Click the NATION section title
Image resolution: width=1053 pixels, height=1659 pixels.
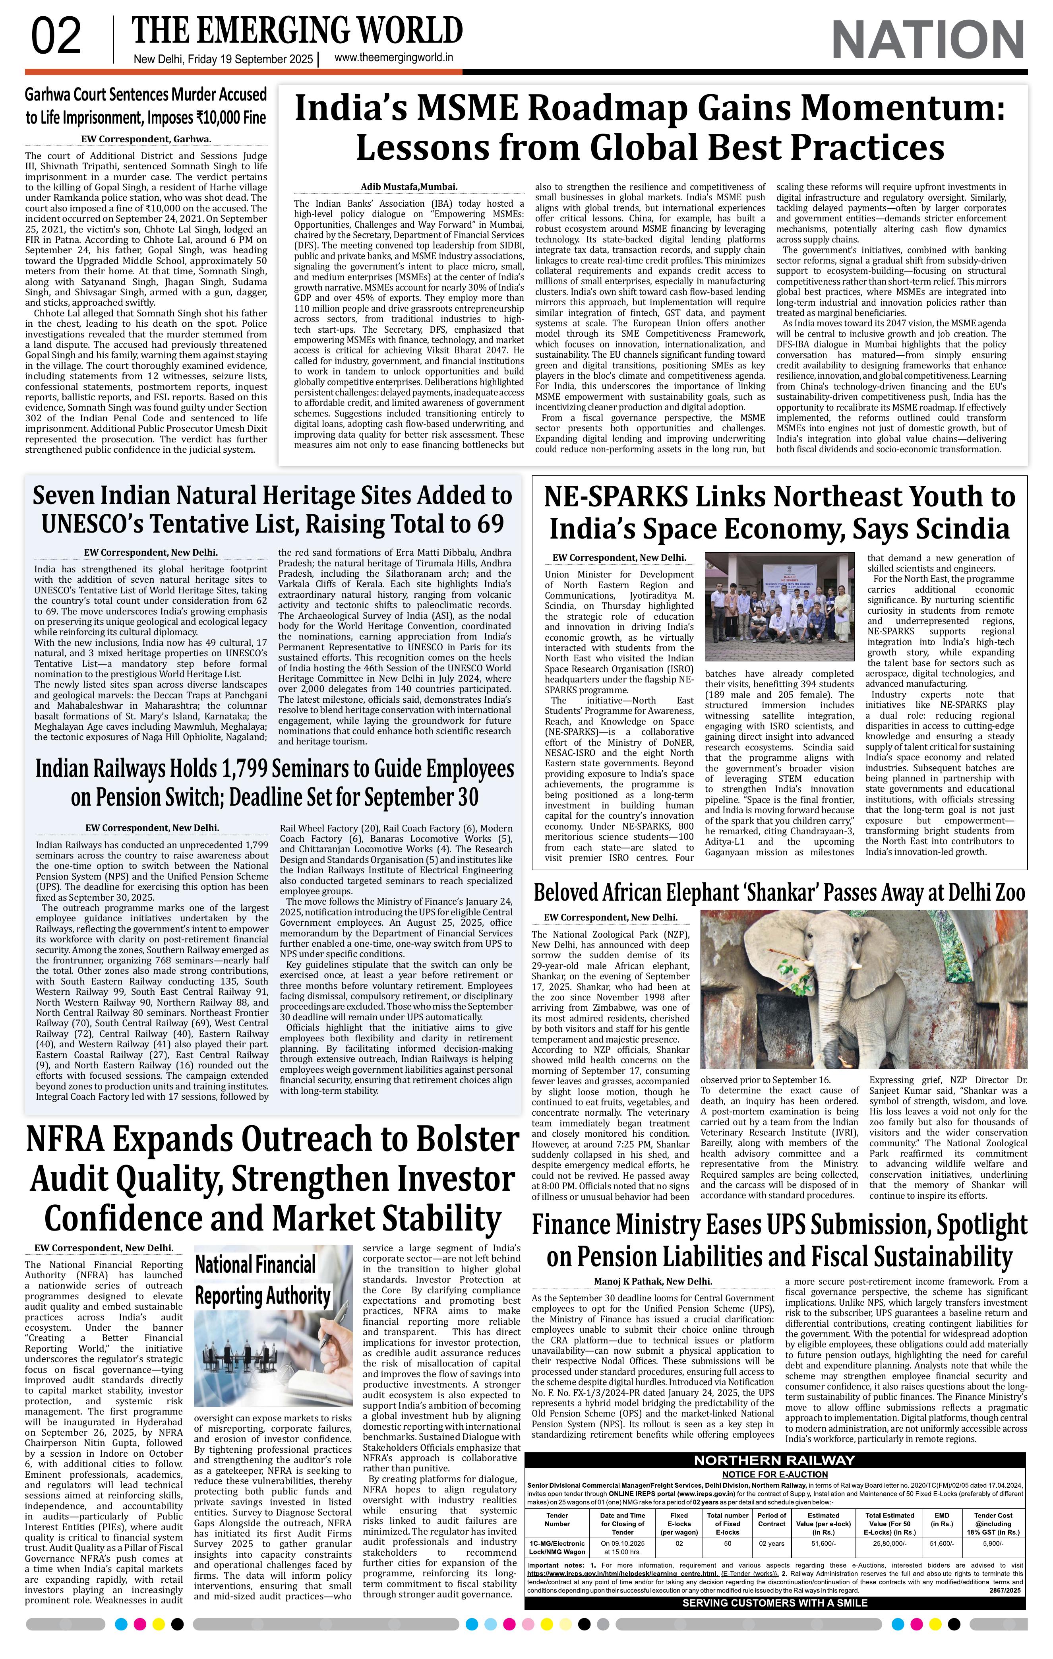928,40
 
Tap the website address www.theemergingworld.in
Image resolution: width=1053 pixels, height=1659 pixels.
393,58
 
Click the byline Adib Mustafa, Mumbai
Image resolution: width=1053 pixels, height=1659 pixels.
409,187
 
